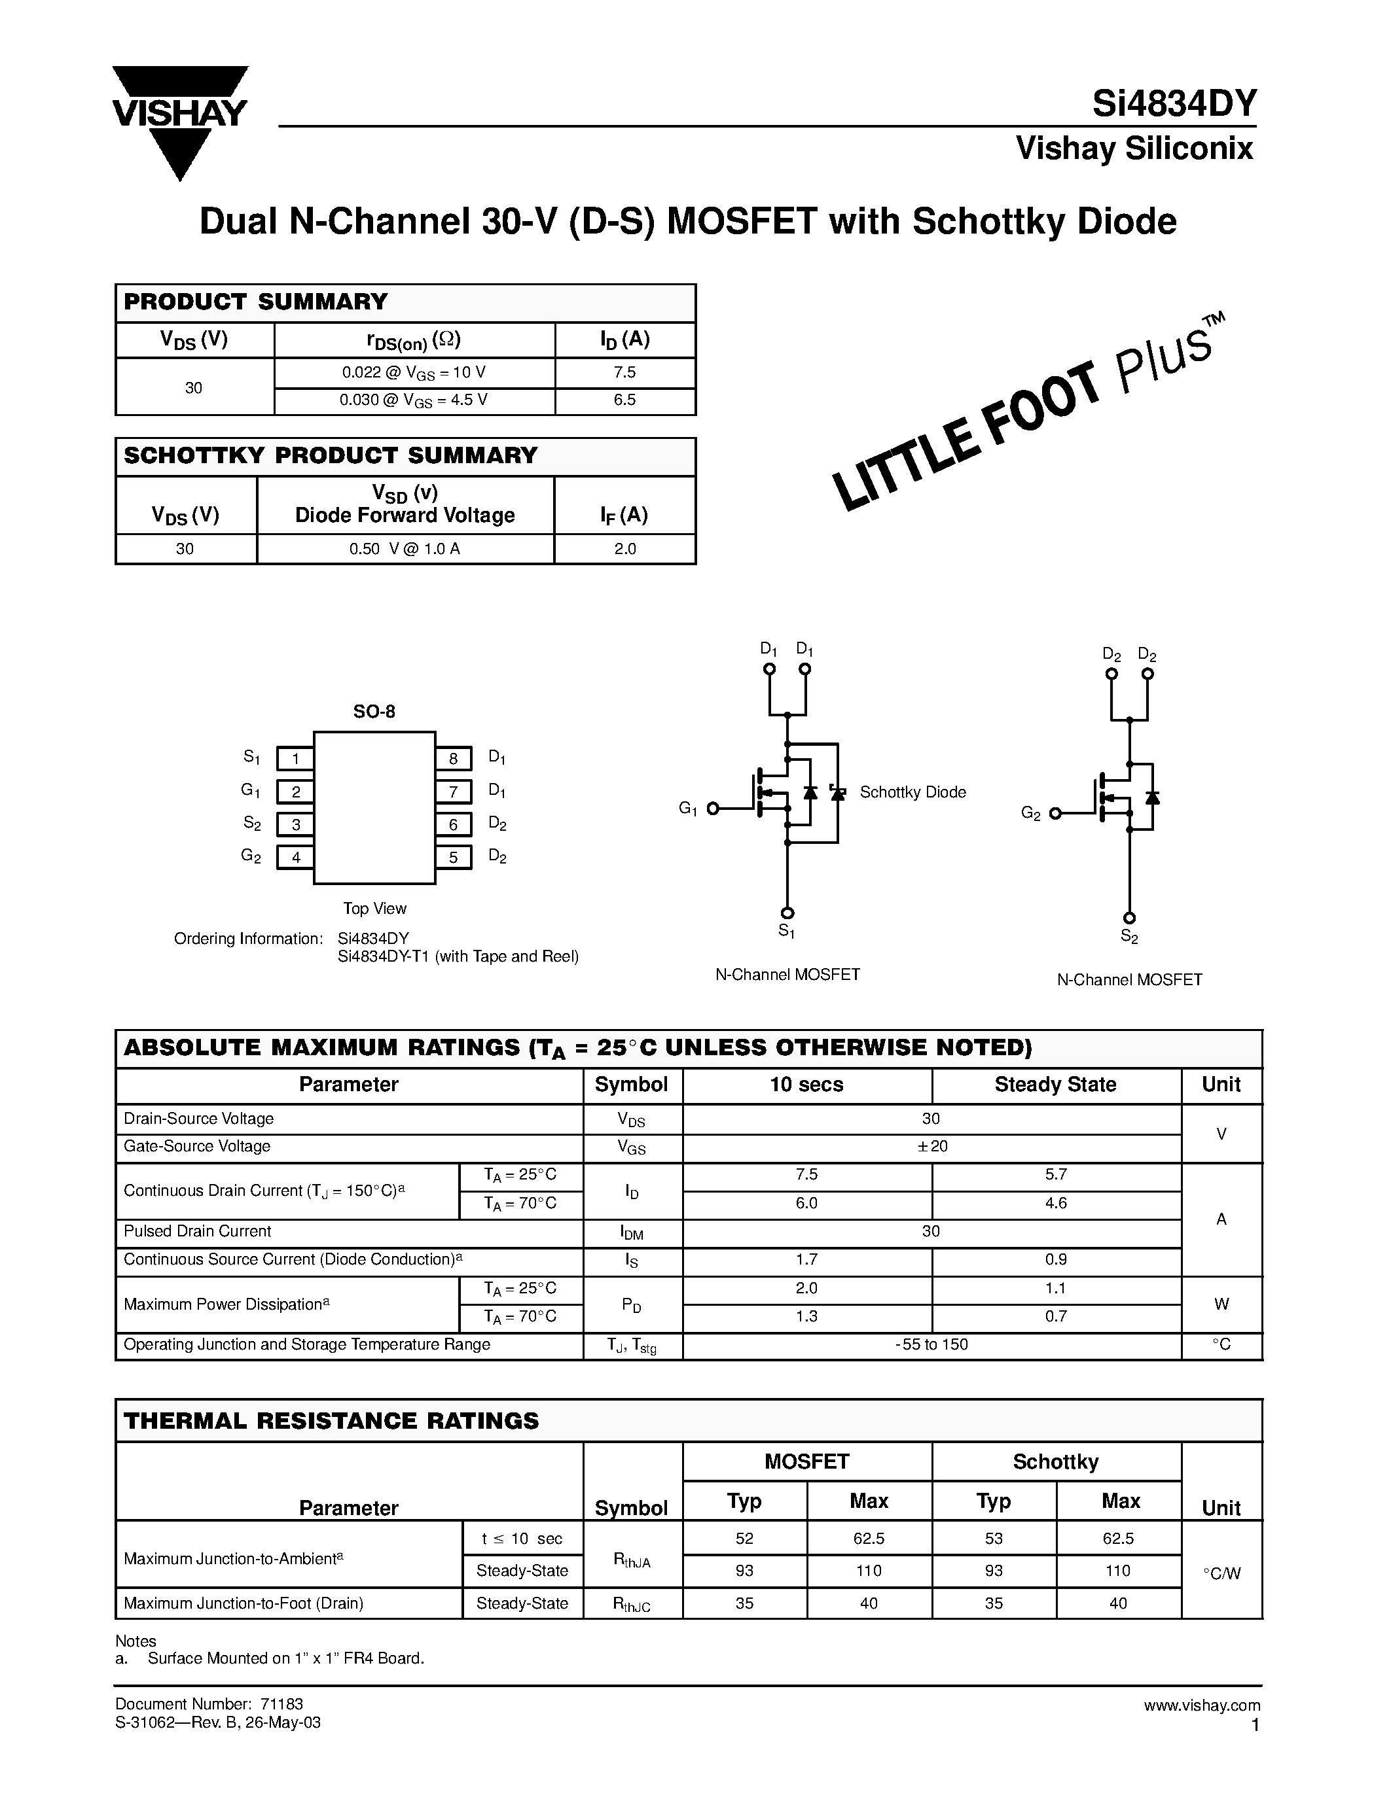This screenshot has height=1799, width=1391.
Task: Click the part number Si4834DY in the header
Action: click(x=1174, y=105)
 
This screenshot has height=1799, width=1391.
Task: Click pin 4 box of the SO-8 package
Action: click(x=295, y=858)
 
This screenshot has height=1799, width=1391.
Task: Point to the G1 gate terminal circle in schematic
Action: click(x=714, y=809)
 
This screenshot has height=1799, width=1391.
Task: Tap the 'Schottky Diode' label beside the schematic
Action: click(x=912, y=792)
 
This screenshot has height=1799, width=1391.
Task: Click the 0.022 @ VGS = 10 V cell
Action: click(x=414, y=373)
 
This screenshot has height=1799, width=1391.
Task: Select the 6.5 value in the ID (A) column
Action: click(x=624, y=400)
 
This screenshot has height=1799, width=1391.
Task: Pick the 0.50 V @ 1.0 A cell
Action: click(x=405, y=550)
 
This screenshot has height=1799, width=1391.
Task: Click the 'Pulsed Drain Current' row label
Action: click(x=198, y=1231)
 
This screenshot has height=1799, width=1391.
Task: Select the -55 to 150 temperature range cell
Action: click(x=931, y=1345)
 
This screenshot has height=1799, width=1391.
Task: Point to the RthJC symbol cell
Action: click(x=631, y=1604)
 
